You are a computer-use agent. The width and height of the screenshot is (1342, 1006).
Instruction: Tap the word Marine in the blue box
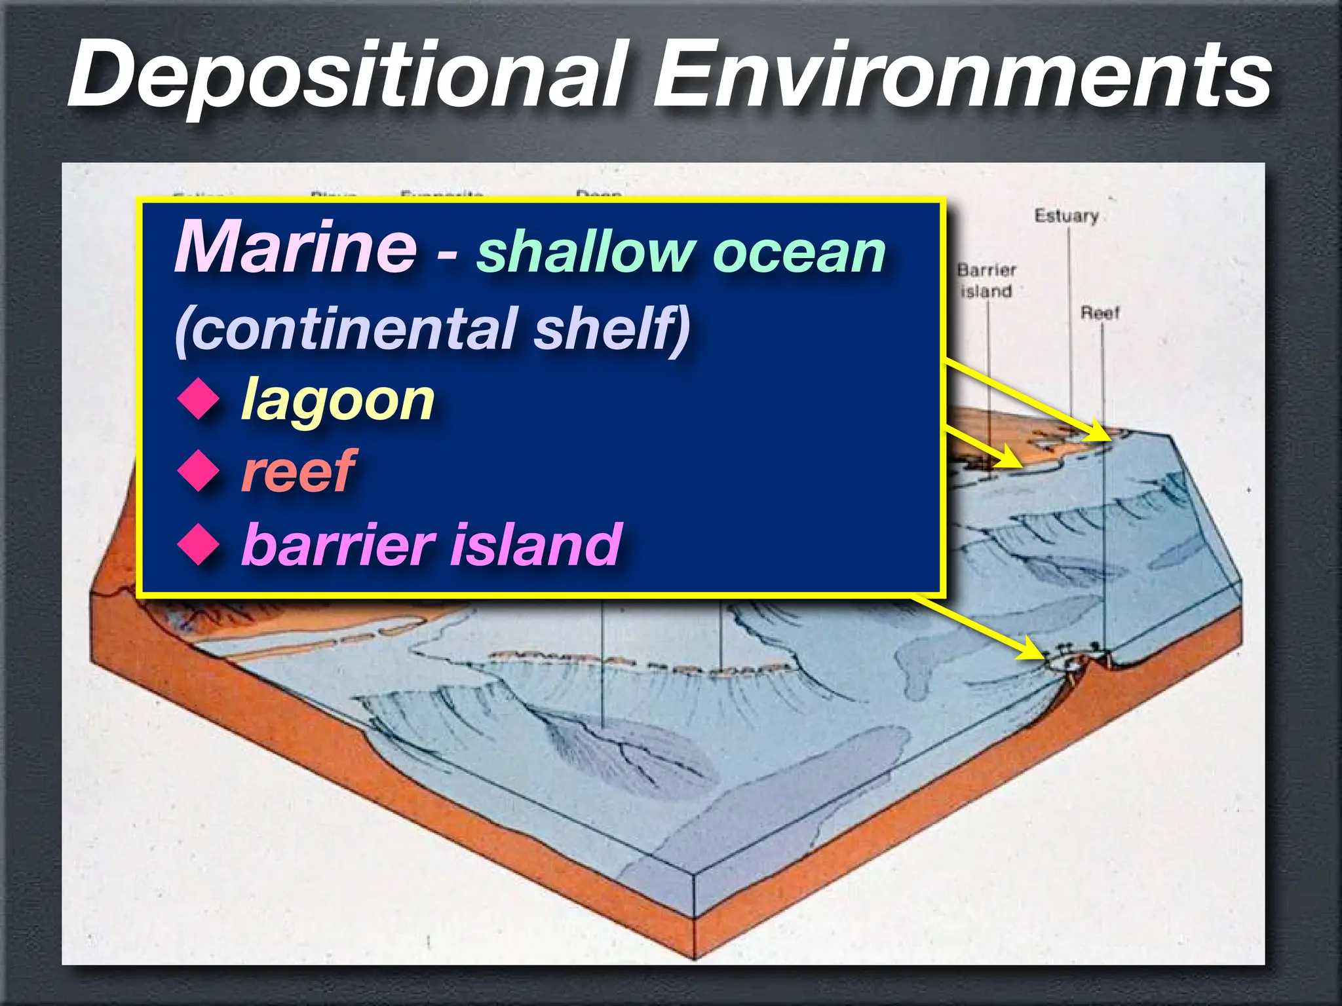click(295, 248)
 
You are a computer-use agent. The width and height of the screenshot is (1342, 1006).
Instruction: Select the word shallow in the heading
click(585, 252)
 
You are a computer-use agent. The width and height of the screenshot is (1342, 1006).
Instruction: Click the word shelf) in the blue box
click(613, 327)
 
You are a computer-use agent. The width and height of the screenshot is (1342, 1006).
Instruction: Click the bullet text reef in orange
click(298, 471)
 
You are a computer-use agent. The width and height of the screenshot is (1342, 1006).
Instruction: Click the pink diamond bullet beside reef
click(199, 471)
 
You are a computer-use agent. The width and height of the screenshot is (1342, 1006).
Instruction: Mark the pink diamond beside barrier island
click(199, 544)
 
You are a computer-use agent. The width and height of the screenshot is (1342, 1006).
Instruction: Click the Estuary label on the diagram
click(1066, 216)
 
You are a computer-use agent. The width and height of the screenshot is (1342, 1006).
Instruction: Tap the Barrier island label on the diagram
click(986, 280)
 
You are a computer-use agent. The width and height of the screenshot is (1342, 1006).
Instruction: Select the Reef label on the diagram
click(1100, 313)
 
